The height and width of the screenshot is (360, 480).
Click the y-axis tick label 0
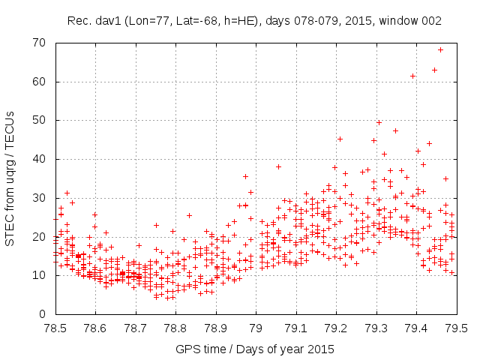[43, 314]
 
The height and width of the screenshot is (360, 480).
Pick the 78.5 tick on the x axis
[55, 328]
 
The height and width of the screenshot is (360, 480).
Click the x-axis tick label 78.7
[135, 328]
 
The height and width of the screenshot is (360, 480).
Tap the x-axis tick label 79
[256, 328]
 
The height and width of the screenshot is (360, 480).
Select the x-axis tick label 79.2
[336, 328]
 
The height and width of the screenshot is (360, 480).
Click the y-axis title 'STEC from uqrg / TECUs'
[10, 178]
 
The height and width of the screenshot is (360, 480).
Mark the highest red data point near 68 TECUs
[440, 49]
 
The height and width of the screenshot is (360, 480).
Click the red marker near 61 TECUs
[412, 76]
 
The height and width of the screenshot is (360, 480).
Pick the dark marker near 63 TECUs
[434, 70]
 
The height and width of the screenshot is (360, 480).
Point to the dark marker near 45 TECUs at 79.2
[340, 139]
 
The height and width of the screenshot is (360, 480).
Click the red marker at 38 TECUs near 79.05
[278, 166]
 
